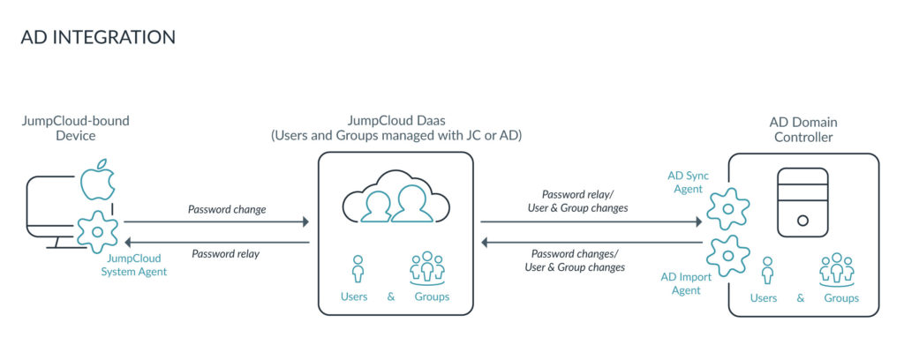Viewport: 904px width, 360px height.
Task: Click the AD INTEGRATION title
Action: point(98,37)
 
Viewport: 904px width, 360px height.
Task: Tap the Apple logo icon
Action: point(98,180)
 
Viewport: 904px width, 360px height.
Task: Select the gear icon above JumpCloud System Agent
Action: point(97,231)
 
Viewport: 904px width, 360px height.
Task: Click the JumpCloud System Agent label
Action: point(135,265)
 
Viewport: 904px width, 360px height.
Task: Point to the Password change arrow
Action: point(216,222)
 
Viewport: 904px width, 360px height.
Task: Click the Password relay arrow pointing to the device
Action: point(216,242)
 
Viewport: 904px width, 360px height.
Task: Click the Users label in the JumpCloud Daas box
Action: point(354,296)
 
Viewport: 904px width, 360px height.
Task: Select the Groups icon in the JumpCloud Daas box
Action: point(430,267)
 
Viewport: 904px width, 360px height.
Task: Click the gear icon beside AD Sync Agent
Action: point(728,209)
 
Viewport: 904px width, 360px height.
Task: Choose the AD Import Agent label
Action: point(682,283)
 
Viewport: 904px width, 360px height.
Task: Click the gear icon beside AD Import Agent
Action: point(728,255)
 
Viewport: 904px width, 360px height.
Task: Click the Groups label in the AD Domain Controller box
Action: point(841,298)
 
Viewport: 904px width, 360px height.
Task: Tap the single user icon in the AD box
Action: point(766,269)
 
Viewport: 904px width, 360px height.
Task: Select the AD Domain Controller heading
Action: point(802,130)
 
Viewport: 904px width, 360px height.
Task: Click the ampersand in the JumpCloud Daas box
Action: point(391,296)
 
